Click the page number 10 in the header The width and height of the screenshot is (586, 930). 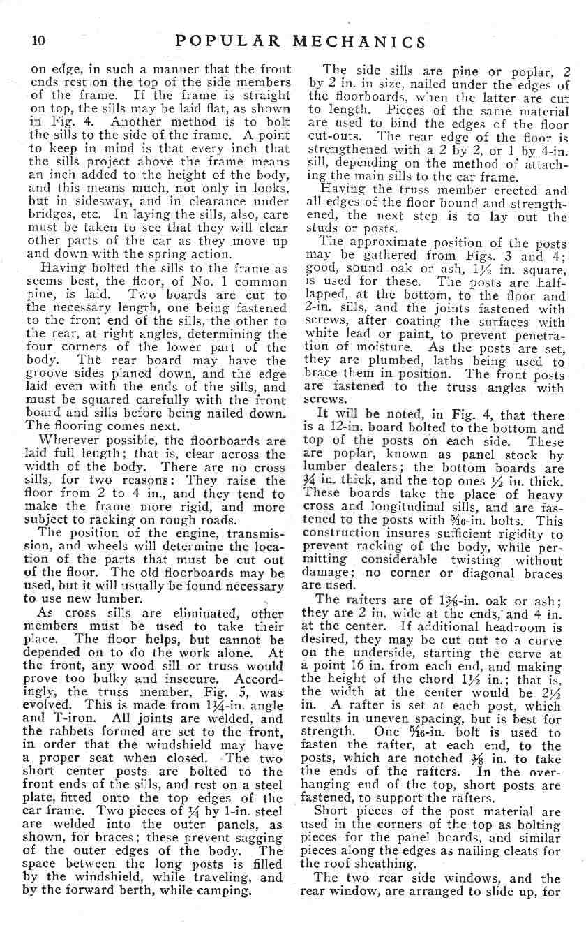(38, 40)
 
